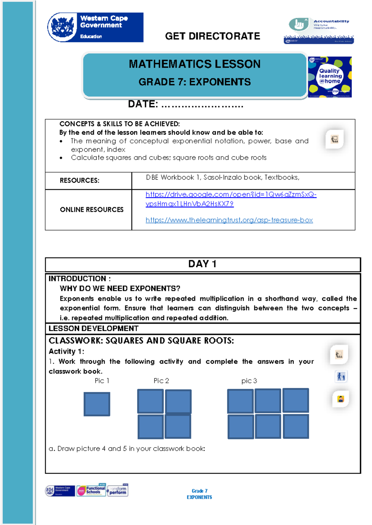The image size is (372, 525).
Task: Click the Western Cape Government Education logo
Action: coord(95,27)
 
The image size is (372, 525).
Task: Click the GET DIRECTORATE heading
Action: coord(212,36)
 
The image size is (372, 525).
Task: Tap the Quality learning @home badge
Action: coord(330,77)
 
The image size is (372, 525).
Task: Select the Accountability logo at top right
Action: coord(319,30)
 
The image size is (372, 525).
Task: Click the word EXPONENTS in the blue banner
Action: coord(220,82)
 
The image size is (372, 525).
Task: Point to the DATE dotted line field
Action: coord(202,105)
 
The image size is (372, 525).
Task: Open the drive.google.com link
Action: coord(231,195)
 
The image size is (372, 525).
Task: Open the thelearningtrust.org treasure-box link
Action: coord(229,220)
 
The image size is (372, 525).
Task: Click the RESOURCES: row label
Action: coord(79,180)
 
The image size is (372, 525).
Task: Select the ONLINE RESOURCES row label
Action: coord(91,210)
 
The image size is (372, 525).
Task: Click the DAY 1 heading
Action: coord(202,264)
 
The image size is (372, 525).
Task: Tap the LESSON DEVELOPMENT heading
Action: coord(93,328)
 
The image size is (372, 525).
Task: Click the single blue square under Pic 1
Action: coord(97,404)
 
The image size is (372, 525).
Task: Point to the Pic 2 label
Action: coord(161,381)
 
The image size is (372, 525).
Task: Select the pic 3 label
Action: coord(249,381)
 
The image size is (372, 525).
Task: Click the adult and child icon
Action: coord(341,376)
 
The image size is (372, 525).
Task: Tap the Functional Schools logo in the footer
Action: coord(91,490)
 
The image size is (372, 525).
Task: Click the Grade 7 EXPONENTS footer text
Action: coord(199,494)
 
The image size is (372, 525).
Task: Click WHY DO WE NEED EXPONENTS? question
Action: coord(120,289)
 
